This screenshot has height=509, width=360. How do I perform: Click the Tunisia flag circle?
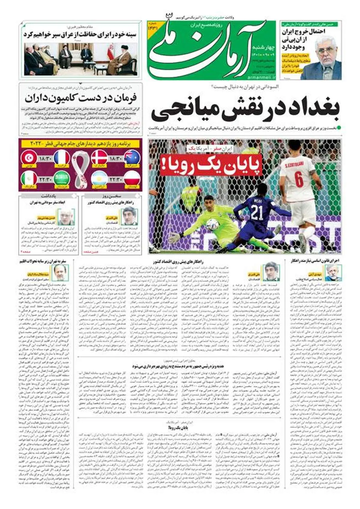coord(29,158)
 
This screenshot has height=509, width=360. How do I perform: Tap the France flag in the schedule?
coord(62,158)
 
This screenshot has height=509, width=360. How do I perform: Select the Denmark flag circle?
coord(99,158)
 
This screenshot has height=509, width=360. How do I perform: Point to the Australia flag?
coord(132,158)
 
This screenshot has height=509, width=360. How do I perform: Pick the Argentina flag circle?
coord(99,179)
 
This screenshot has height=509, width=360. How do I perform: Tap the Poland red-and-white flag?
coord(132,179)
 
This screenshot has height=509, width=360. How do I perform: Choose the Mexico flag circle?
coord(29,179)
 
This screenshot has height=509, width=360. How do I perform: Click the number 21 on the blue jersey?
coord(257,213)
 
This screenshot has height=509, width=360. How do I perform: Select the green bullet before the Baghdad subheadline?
coord(339,128)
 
